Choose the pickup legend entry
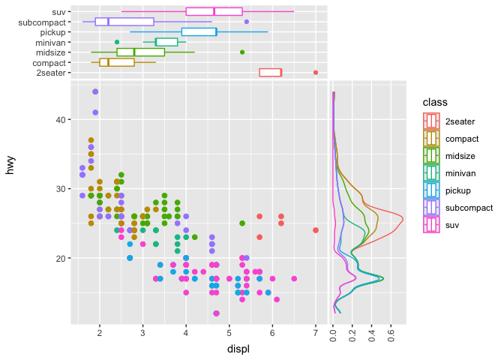(x=456, y=190)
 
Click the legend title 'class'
(x=435, y=101)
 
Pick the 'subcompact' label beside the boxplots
(x=45, y=22)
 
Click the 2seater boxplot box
(x=270, y=73)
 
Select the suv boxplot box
(x=214, y=11)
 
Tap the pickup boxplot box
(x=199, y=32)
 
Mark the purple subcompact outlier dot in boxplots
(x=247, y=22)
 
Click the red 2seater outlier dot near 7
(x=316, y=73)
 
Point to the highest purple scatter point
(x=95, y=91)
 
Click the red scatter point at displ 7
(x=316, y=230)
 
